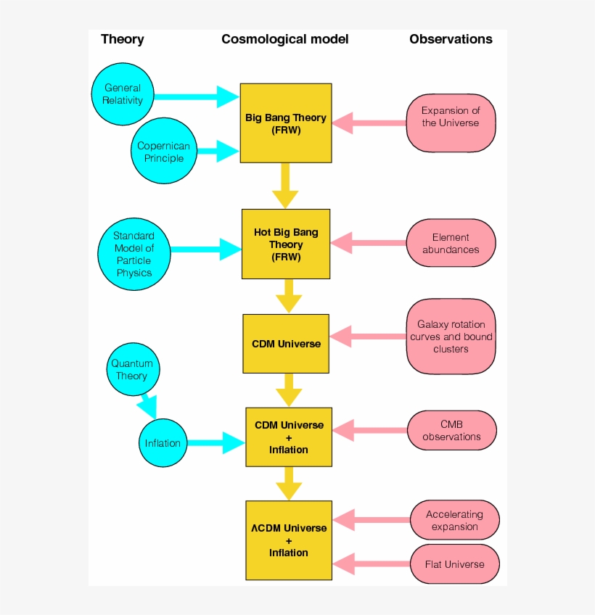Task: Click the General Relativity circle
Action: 123,94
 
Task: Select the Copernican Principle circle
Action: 164,152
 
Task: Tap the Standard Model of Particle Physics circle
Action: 134,255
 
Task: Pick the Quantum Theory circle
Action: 132,370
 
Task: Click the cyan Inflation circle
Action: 163,443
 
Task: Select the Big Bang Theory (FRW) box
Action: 286,123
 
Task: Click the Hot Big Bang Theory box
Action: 286,244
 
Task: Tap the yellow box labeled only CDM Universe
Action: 286,343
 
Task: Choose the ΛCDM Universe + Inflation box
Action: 289,540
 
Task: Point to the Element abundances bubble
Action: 451,244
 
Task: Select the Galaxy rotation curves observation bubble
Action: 451,337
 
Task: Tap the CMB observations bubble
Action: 451,431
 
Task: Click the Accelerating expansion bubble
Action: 454,520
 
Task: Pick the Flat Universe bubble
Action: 454,564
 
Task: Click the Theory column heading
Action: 122,39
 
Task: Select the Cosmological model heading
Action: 284,39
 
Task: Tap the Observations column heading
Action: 451,39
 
